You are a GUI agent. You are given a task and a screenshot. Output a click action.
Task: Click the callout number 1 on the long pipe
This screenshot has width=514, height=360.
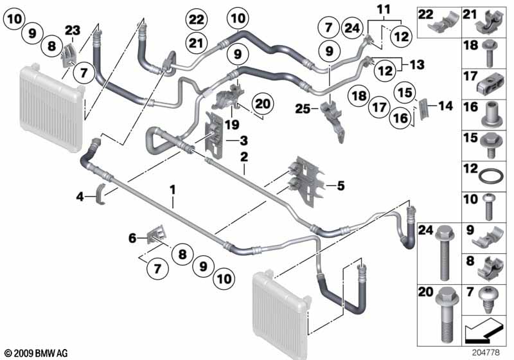pyautogui.click(x=172, y=190)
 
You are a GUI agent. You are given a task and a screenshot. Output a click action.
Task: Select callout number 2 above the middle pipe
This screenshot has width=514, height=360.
pyautogui.click(x=244, y=156)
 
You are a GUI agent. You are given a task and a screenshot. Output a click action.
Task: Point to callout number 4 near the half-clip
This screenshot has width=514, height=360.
pyautogui.click(x=80, y=197)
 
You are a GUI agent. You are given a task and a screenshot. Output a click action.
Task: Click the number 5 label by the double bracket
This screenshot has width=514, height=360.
pyautogui.click(x=340, y=186)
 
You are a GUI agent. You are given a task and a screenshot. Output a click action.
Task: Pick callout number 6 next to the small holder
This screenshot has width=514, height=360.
pyautogui.click(x=132, y=238)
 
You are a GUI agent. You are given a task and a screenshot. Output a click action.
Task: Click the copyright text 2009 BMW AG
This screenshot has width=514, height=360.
pyautogui.click(x=35, y=353)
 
